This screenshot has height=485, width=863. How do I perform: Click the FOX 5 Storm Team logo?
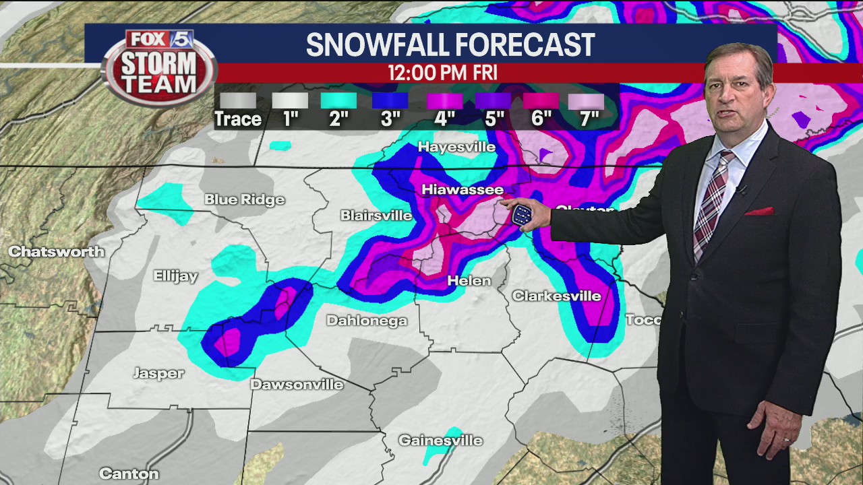pyautogui.click(x=159, y=66)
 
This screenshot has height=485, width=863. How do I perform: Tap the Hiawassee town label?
pyautogui.click(x=463, y=190)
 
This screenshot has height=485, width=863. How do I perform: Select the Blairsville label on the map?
pyautogui.click(x=376, y=216)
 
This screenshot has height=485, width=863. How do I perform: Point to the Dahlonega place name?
pyautogui.click(x=367, y=321)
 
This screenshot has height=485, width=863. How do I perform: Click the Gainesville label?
pyautogui.click(x=440, y=441)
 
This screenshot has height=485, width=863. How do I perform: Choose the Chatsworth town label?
pyautogui.click(x=57, y=252)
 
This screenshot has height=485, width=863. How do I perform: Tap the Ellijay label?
pyautogui.click(x=176, y=276)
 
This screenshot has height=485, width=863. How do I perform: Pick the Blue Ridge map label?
pyautogui.click(x=244, y=199)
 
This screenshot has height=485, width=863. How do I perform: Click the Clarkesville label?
pyautogui.click(x=556, y=296)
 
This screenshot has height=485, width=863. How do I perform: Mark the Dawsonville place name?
pyautogui.click(x=297, y=385)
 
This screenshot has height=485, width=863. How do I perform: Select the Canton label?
pyautogui.click(x=129, y=474)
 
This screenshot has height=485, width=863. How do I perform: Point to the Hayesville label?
pyautogui.click(x=456, y=147)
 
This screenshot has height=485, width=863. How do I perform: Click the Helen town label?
pyautogui.click(x=469, y=280)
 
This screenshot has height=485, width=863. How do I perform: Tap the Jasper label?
pyautogui.click(x=158, y=373)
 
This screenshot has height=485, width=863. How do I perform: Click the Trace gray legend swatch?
pyautogui.click(x=237, y=101)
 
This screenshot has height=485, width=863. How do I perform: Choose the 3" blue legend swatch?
pyautogui.click(x=390, y=101)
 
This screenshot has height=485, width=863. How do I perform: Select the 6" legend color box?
pyautogui.click(x=541, y=101)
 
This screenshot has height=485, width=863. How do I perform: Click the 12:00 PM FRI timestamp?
pyautogui.click(x=442, y=73)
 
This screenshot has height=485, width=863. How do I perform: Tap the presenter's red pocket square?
pyautogui.click(x=758, y=212)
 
